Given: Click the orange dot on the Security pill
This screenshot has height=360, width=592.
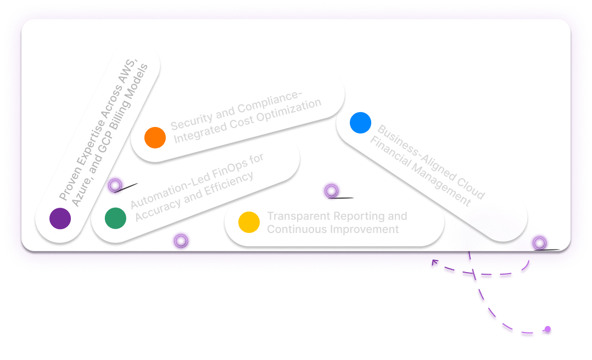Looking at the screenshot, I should (x=155, y=137).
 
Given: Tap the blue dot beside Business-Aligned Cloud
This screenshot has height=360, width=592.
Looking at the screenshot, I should (x=360, y=123).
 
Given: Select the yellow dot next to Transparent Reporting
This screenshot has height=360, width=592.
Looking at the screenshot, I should (x=249, y=221).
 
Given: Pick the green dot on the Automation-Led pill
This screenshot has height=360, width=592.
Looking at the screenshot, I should (x=115, y=218).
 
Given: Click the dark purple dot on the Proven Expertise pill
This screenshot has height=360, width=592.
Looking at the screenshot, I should (x=60, y=218).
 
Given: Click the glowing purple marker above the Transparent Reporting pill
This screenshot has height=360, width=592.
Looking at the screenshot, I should (x=330, y=191).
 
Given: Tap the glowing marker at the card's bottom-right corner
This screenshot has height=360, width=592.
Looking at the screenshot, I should (x=539, y=242).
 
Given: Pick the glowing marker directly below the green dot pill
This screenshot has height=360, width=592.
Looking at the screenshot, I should (x=180, y=240).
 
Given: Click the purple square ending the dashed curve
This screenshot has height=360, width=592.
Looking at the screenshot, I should (x=546, y=330).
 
